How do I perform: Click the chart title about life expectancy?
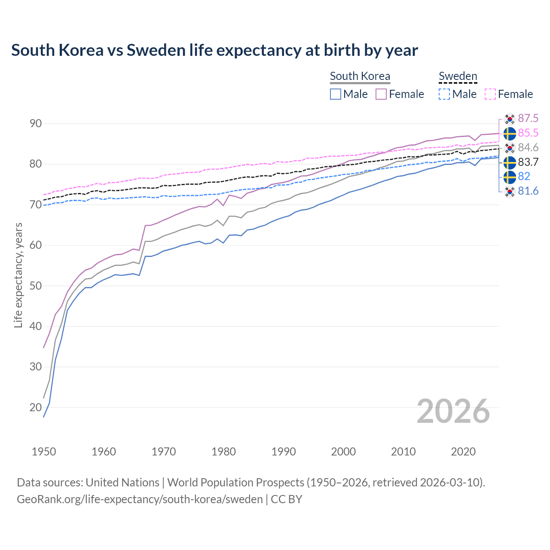coord(214,50)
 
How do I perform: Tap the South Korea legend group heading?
coord(360,76)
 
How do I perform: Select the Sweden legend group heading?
coord(458,76)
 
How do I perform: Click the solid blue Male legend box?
coord(336,94)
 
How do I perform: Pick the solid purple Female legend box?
coord(381,94)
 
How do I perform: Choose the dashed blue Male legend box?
coord(444,94)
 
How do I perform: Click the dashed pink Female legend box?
coord(490,94)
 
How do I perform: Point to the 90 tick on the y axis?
coord(36,124)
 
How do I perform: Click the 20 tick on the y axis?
coord(36,407)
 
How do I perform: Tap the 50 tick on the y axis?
coord(36,286)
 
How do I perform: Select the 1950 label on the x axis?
coord(44,452)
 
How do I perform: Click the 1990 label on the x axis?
coord(284,452)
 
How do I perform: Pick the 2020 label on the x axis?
coord(463,452)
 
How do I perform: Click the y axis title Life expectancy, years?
coord(18,275)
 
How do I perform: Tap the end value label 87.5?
coord(528,119)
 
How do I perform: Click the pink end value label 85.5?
coord(528,133)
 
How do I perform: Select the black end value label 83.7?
coord(528,162)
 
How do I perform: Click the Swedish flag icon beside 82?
coord(510,177)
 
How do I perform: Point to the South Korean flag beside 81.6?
coord(510,191)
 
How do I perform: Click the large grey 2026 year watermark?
coord(453,411)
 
